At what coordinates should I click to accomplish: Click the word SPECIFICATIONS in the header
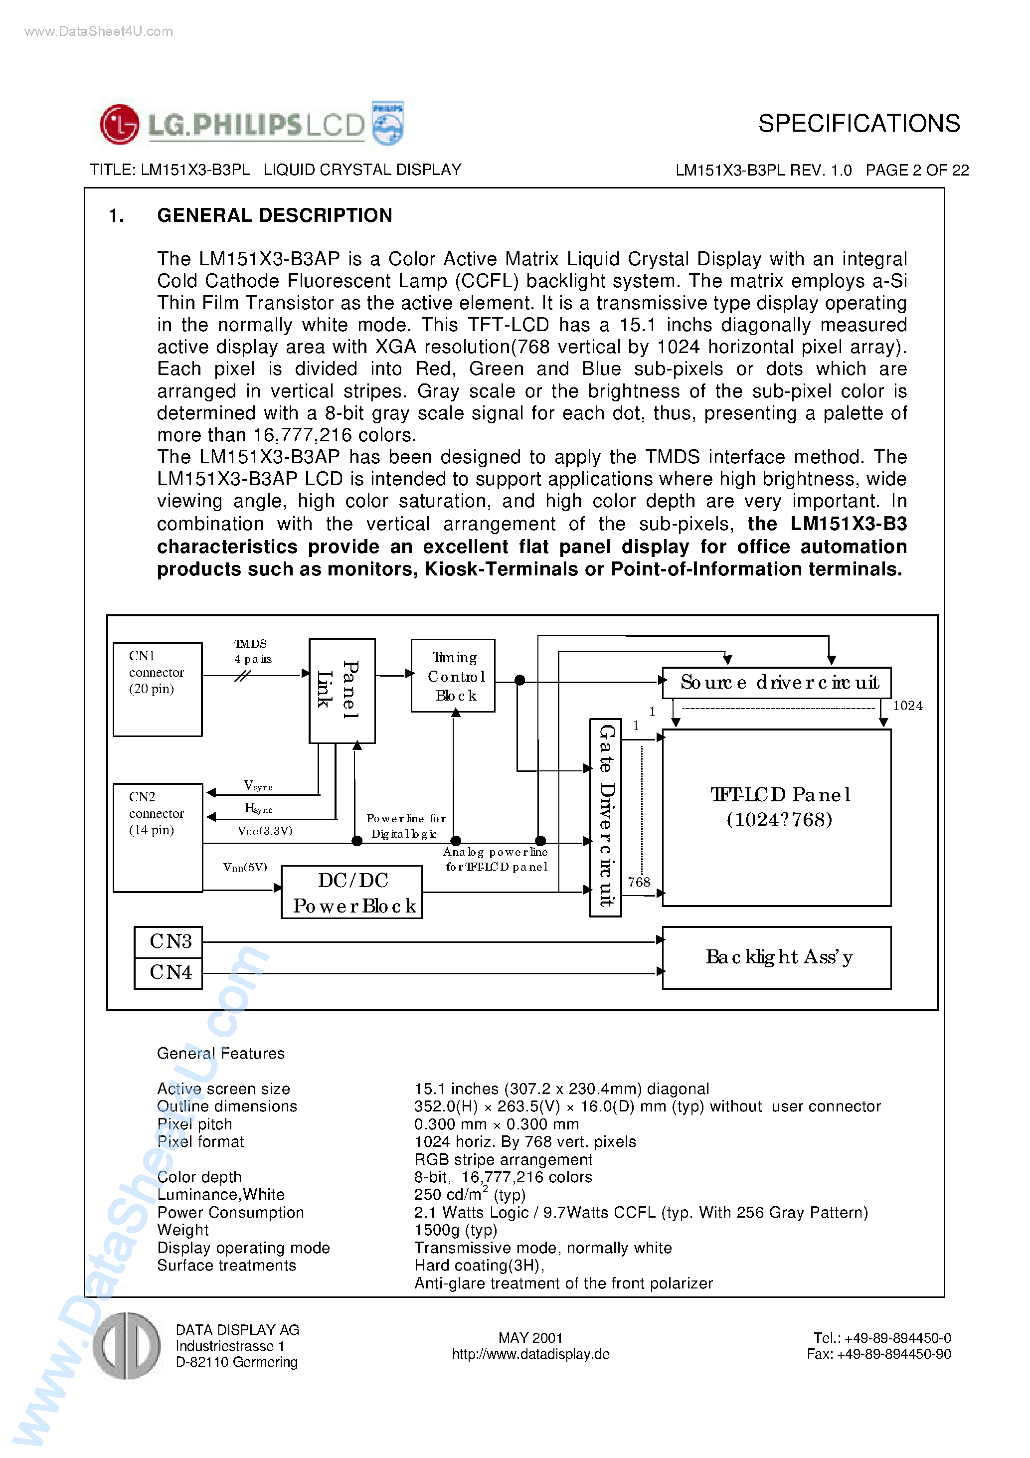tap(858, 123)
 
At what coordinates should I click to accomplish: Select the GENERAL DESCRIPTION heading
tap(274, 215)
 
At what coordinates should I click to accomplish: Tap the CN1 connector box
tap(158, 689)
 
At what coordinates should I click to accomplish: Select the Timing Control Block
tap(453, 676)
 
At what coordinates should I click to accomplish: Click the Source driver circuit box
tap(776, 683)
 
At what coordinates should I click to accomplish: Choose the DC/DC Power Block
tap(352, 892)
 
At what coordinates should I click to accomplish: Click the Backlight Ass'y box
tap(776, 957)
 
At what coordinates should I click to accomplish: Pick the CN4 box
tap(169, 972)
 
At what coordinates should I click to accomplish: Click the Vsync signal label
tap(257, 786)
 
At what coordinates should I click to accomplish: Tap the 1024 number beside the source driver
tap(907, 706)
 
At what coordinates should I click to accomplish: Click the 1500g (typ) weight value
tap(455, 1230)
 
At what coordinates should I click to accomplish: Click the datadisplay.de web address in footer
tap(530, 1354)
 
